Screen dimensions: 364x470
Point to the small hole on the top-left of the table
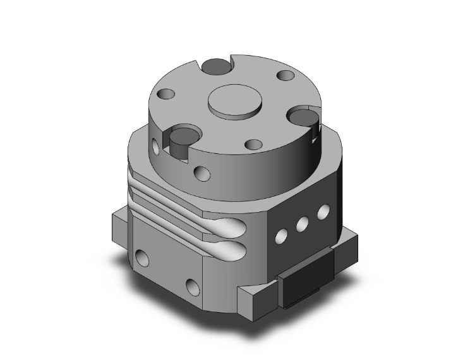pos(167,95)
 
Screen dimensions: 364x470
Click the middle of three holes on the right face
pos(302,223)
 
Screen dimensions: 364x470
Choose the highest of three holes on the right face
pos(323,211)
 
